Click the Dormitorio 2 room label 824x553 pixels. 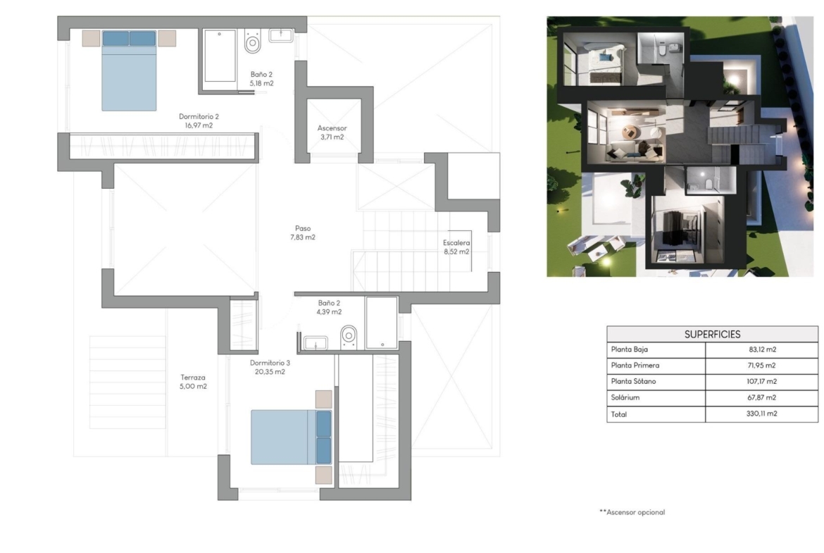click(199, 116)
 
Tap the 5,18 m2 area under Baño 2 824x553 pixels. click(261, 83)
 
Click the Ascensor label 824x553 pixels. click(332, 128)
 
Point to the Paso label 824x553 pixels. click(303, 228)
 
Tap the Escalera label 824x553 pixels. click(456, 243)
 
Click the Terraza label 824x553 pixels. click(193, 377)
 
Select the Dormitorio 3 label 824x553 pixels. click(270, 363)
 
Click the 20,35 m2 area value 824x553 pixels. click(270, 372)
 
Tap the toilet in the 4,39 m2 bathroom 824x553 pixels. click(349, 336)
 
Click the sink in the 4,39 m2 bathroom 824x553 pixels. click(316, 343)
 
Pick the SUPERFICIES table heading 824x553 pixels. click(712, 335)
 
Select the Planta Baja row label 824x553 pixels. click(629, 349)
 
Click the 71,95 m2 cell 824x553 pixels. click(762, 366)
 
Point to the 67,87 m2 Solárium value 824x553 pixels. click(762, 397)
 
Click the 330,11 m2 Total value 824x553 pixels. click(761, 414)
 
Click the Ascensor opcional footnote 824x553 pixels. click(632, 512)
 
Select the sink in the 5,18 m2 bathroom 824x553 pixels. click(281, 35)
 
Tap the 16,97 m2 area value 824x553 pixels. click(199, 125)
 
